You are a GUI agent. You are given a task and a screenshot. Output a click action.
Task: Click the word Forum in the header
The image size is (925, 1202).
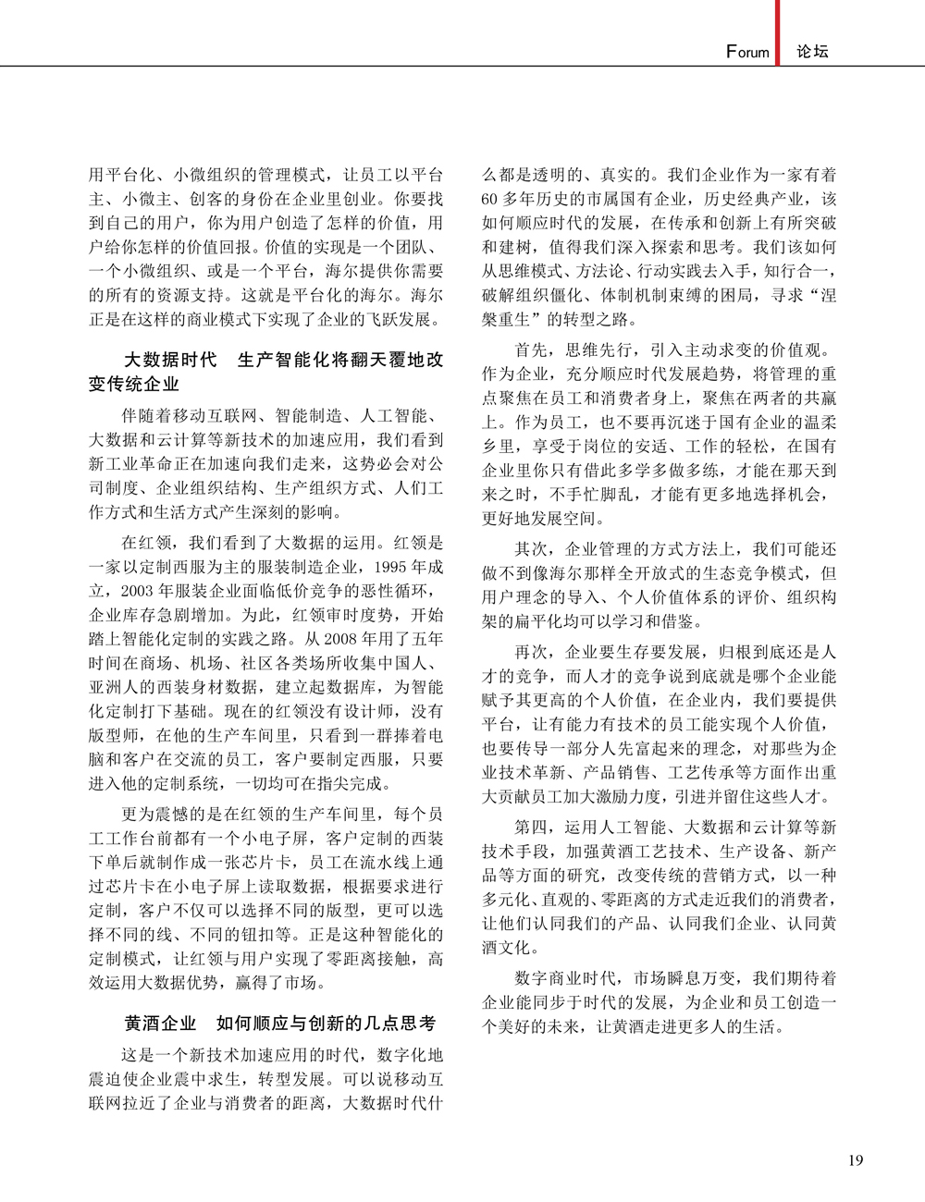(747, 52)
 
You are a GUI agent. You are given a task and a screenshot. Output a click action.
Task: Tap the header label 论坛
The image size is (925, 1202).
(813, 52)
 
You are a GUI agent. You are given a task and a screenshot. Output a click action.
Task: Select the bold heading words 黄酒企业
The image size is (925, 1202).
(160, 1024)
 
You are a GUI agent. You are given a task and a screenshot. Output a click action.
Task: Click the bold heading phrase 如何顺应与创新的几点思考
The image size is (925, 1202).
(326, 1024)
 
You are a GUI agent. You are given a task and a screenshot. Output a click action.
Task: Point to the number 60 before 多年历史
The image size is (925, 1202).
(490, 199)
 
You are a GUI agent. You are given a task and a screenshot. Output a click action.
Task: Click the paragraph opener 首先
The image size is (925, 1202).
(531, 350)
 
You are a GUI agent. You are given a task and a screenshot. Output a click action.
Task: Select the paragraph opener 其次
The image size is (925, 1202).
(531, 548)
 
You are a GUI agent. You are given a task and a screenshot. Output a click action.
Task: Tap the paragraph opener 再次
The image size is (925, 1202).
(531, 652)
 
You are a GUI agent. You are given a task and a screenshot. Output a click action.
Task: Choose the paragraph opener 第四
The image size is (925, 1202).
(531, 826)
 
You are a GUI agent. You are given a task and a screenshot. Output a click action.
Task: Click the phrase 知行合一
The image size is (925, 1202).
(798, 271)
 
